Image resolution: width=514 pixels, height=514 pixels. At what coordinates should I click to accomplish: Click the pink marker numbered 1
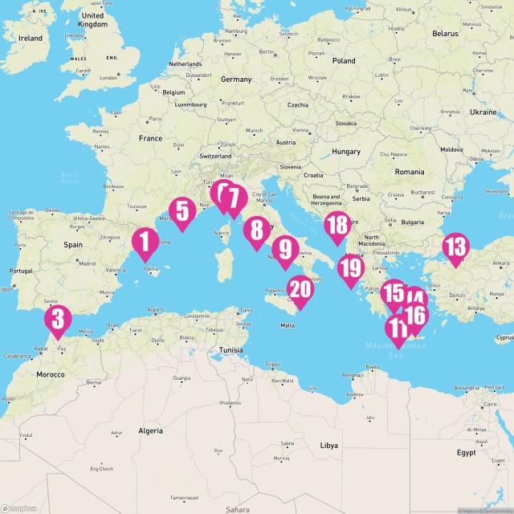coord(145,242)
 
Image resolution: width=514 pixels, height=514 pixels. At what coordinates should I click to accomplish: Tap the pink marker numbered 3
coord(58,319)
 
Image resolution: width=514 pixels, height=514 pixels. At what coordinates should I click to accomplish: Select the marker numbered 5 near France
coord(182,211)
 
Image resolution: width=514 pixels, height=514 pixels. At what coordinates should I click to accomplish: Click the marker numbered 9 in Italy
coord(284,250)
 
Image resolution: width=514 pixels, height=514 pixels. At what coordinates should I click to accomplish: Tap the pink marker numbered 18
coord(337,226)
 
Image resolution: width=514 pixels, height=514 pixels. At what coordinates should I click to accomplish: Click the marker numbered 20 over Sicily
coord(300,290)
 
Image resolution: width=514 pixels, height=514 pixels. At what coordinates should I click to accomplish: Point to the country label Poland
coord(344,61)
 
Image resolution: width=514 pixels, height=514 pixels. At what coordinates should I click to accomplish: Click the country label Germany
coord(236,80)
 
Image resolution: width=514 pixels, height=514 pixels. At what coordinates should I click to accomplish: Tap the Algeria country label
coord(151,431)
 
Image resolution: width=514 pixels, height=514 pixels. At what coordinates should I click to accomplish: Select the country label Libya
coord(329,444)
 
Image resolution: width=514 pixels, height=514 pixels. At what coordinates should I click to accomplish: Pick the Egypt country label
coord(466,452)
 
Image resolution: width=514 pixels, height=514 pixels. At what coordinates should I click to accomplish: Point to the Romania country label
coord(409,173)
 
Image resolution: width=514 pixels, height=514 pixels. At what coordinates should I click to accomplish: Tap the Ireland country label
coord(31,38)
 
